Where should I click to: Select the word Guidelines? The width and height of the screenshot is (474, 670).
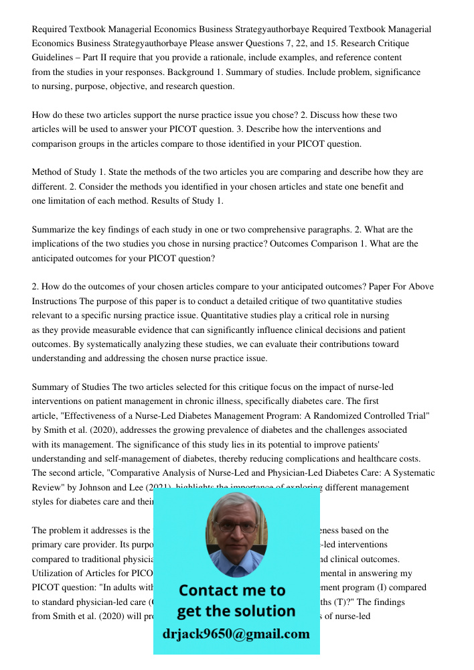[x=56, y=58]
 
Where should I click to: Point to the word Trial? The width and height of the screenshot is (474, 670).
[x=415, y=415]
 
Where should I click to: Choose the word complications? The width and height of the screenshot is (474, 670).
[x=339, y=458]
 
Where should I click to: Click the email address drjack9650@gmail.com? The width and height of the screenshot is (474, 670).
[x=236, y=634]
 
